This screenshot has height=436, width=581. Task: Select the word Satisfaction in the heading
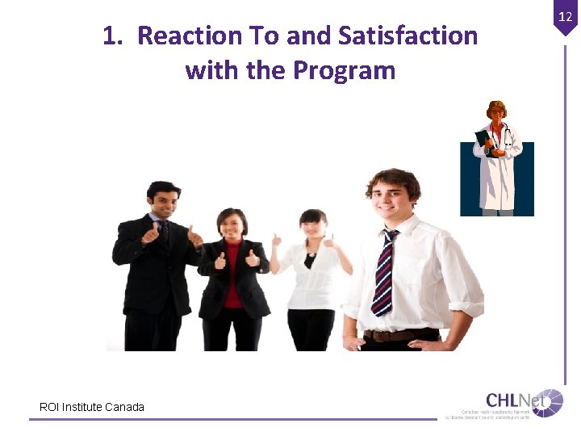click(x=408, y=36)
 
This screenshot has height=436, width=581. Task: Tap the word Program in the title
click(x=344, y=71)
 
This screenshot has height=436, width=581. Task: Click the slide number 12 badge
click(x=565, y=16)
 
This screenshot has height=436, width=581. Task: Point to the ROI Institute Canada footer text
click(x=92, y=407)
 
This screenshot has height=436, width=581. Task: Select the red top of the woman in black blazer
click(x=232, y=275)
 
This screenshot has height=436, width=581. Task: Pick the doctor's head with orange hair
click(x=496, y=111)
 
